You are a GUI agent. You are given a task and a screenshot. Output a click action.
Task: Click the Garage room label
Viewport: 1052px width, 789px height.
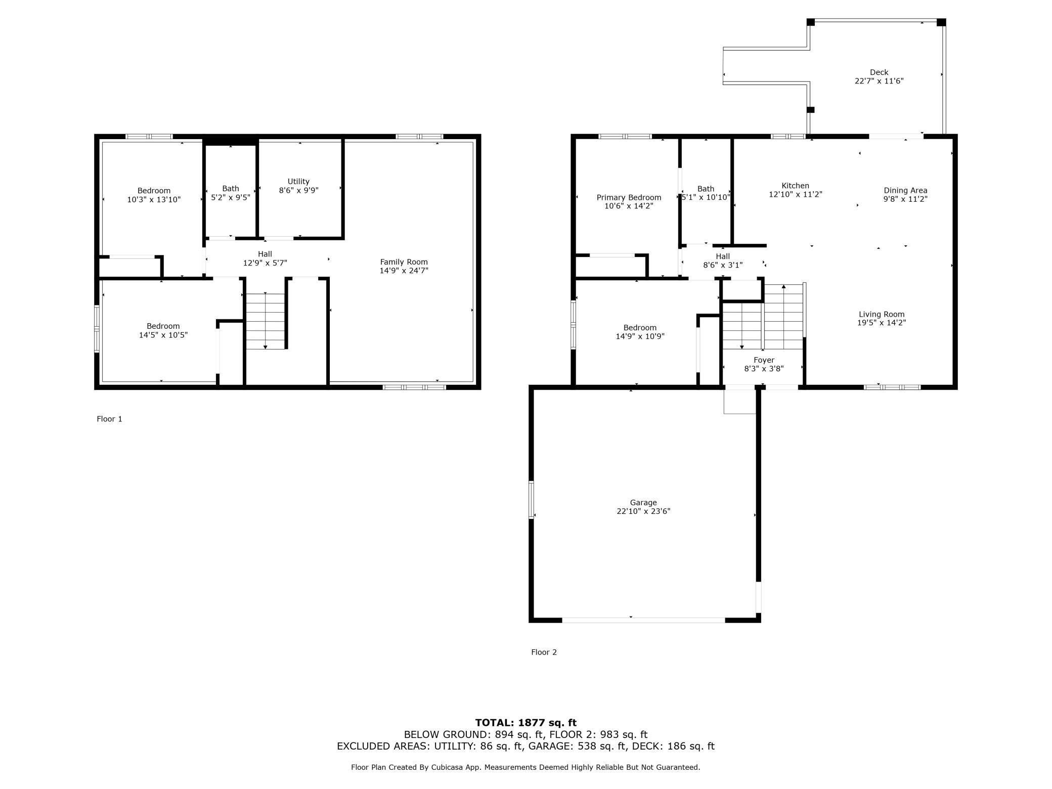643,502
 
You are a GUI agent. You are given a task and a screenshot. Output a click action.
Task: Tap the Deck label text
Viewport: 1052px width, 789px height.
879,72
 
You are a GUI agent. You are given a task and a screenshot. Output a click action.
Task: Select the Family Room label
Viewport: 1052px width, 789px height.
404,262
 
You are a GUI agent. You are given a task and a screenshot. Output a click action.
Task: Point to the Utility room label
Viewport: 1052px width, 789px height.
298,182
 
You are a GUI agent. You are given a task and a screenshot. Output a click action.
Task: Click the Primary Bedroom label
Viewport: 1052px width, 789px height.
629,198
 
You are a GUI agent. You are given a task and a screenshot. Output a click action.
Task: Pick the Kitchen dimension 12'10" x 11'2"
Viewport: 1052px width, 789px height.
796,194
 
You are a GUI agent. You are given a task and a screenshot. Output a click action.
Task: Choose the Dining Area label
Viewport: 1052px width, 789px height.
905,191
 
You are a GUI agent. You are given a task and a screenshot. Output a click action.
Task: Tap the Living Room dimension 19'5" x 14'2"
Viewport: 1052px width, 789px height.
882,323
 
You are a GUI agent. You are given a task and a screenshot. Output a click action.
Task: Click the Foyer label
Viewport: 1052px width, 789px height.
764,360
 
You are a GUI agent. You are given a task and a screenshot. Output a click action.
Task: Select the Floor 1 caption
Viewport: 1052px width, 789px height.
109,419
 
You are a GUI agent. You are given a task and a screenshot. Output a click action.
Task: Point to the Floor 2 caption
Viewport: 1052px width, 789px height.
544,652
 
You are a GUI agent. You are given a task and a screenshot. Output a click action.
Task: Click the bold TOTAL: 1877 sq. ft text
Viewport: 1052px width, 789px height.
525,723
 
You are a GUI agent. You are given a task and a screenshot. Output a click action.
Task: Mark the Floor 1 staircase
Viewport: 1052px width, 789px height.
266,321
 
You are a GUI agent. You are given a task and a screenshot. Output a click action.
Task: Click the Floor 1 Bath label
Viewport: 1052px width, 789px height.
231,189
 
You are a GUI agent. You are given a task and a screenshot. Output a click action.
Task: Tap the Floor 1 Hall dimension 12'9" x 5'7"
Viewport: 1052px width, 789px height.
265,263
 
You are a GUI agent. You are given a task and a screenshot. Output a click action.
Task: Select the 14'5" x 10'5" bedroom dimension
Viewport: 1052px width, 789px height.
163,335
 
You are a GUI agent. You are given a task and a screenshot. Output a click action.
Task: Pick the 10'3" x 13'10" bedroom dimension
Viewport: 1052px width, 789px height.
154,199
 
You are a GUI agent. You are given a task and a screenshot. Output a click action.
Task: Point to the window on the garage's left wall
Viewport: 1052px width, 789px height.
531,500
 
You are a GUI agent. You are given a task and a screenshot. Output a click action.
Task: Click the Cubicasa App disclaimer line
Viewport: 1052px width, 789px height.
525,767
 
